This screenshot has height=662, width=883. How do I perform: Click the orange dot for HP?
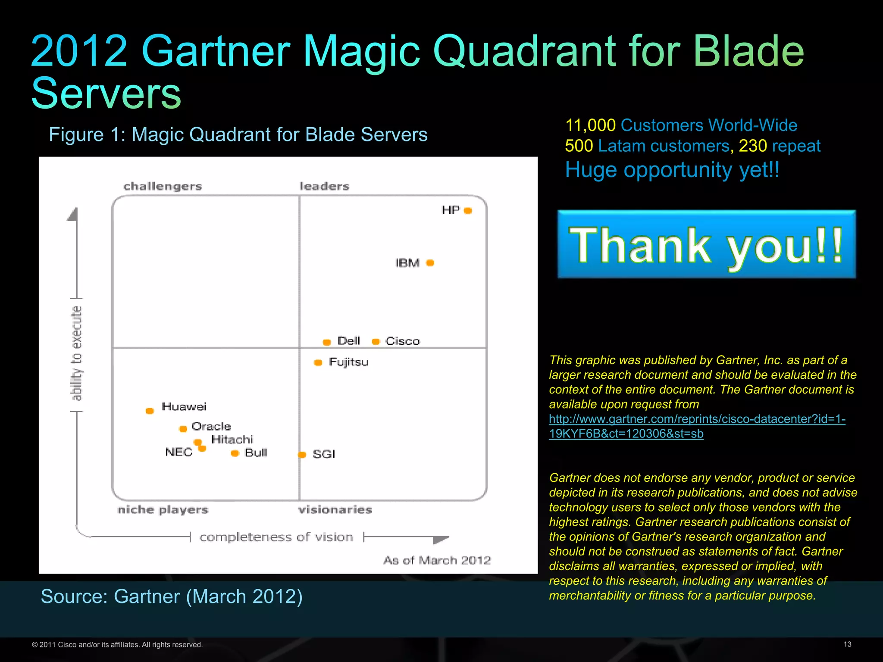468,211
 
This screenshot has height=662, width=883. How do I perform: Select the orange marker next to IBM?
430,263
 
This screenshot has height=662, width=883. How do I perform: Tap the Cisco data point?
376,342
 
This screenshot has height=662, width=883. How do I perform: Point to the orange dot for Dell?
327,342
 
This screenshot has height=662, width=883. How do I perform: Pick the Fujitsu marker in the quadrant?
318,363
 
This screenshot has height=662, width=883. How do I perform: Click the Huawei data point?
150,411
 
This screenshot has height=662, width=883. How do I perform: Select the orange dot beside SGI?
302,455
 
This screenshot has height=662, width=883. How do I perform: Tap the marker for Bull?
235,453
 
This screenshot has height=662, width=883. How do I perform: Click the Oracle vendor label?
211,427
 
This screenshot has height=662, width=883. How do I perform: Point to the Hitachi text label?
232,440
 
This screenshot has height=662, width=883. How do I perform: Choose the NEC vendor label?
179,452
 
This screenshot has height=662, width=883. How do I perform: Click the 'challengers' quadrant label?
163,187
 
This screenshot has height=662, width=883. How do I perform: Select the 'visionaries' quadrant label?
335,510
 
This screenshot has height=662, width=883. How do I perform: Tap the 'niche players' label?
163,510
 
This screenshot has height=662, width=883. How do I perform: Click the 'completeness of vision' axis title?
276,537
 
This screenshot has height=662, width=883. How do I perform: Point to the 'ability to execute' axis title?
76,353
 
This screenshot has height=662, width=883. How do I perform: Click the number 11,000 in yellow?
590,125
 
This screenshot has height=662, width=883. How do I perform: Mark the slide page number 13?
847,644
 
